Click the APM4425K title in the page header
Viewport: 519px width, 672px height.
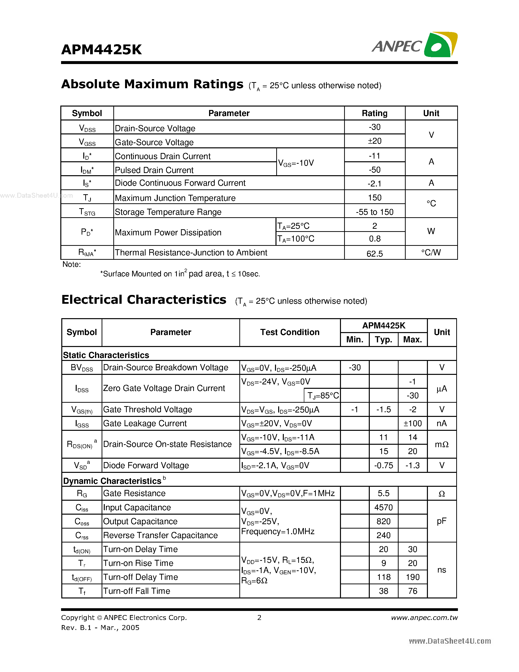click(x=101, y=50)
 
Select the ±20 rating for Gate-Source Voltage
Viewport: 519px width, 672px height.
click(x=374, y=141)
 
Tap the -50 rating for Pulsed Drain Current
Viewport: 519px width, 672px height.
click(x=374, y=170)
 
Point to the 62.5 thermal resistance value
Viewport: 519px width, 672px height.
click(x=374, y=254)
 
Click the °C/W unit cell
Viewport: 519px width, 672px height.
click(x=431, y=253)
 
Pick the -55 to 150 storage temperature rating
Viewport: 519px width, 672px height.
click(x=374, y=212)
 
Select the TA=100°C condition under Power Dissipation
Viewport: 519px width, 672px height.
click(x=296, y=239)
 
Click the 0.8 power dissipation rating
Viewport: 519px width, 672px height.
click(x=374, y=239)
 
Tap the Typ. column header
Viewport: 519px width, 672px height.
click(x=383, y=340)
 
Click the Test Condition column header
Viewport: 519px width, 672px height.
click(x=290, y=332)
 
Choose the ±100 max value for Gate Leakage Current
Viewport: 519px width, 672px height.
click(x=412, y=423)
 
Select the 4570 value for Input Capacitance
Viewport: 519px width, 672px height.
click(x=383, y=507)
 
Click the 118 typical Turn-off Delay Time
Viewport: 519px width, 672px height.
click(x=383, y=577)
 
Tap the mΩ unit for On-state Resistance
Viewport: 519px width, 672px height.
click(x=442, y=444)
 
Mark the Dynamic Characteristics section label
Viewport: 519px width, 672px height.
click(x=113, y=481)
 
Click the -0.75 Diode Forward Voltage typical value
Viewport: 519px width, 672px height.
click(x=383, y=466)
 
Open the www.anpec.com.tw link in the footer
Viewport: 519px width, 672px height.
click(x=424, y=618)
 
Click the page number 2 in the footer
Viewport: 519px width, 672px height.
click(x=259, y=618)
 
